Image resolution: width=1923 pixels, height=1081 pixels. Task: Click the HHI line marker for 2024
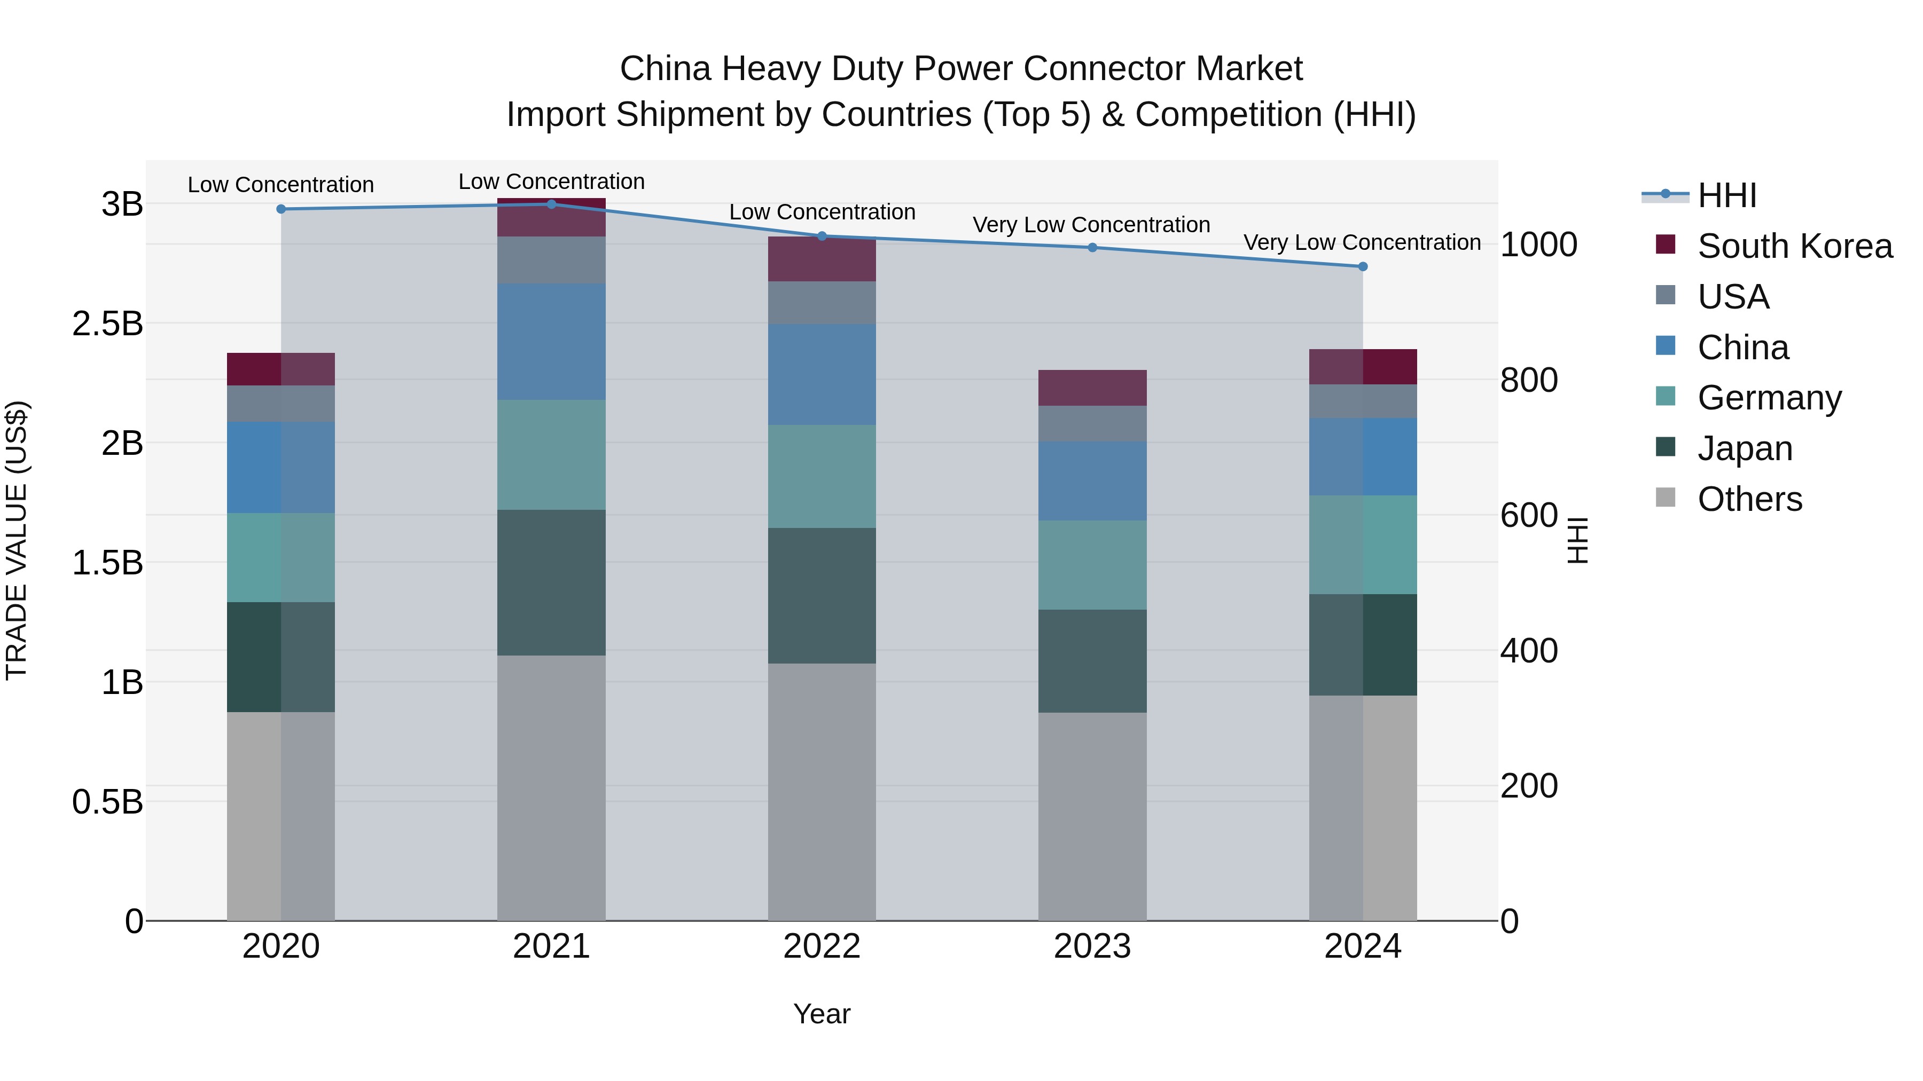tap(1362, 266)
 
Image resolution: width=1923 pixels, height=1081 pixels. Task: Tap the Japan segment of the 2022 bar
tap(822, 595)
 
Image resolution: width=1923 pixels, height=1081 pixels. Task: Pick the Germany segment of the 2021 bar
tap(552, 454)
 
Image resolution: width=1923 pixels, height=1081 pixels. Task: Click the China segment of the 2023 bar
tap(1092, 480)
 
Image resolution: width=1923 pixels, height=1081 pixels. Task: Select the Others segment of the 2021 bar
tap(552, 787)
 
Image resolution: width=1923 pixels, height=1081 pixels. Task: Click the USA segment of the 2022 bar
tap(822, 302)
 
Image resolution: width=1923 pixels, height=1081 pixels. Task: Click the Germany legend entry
tap(1769, 398)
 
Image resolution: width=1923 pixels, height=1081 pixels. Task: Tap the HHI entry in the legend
tap(1726, 195)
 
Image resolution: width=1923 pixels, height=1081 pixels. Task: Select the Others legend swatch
tap(1666, 498)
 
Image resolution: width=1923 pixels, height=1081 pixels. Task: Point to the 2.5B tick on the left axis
tap(107, 324)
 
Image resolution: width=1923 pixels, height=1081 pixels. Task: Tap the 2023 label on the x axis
tap(1092, 946)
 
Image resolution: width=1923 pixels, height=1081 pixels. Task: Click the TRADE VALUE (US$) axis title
tap(17, 540)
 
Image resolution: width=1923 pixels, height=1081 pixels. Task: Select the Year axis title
tap(822, 1014)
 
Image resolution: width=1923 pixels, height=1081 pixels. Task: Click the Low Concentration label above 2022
tap(822, 212)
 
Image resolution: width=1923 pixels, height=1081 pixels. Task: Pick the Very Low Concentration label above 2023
tap(1091, 225)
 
